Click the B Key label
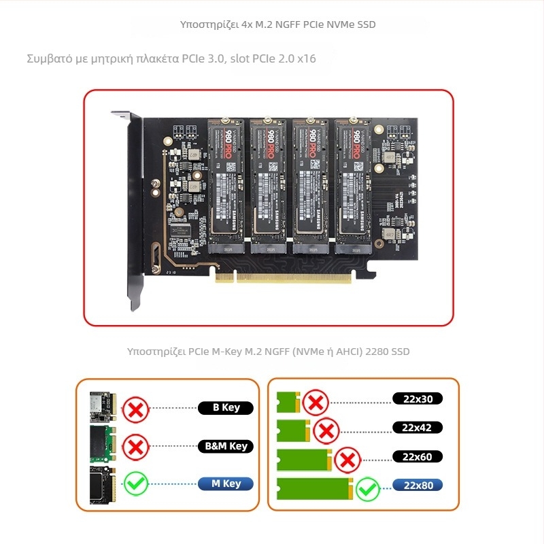pos(226,408)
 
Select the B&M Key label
pos(226,446)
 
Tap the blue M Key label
pos(226,484)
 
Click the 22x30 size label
pos(418,398)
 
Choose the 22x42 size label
pos(418,428)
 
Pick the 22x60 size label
pos(418,456)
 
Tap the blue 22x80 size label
pos(418,485)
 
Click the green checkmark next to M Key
pos(136,483)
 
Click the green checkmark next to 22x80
pos(368,488)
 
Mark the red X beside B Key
pos(136,410)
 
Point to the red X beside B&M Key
pos(136,447)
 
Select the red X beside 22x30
pos(316,403)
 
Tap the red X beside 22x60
pos(348,460)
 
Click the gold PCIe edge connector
pos(284,277)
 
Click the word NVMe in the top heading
pos(340,24)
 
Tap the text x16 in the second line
pos(307,58)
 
